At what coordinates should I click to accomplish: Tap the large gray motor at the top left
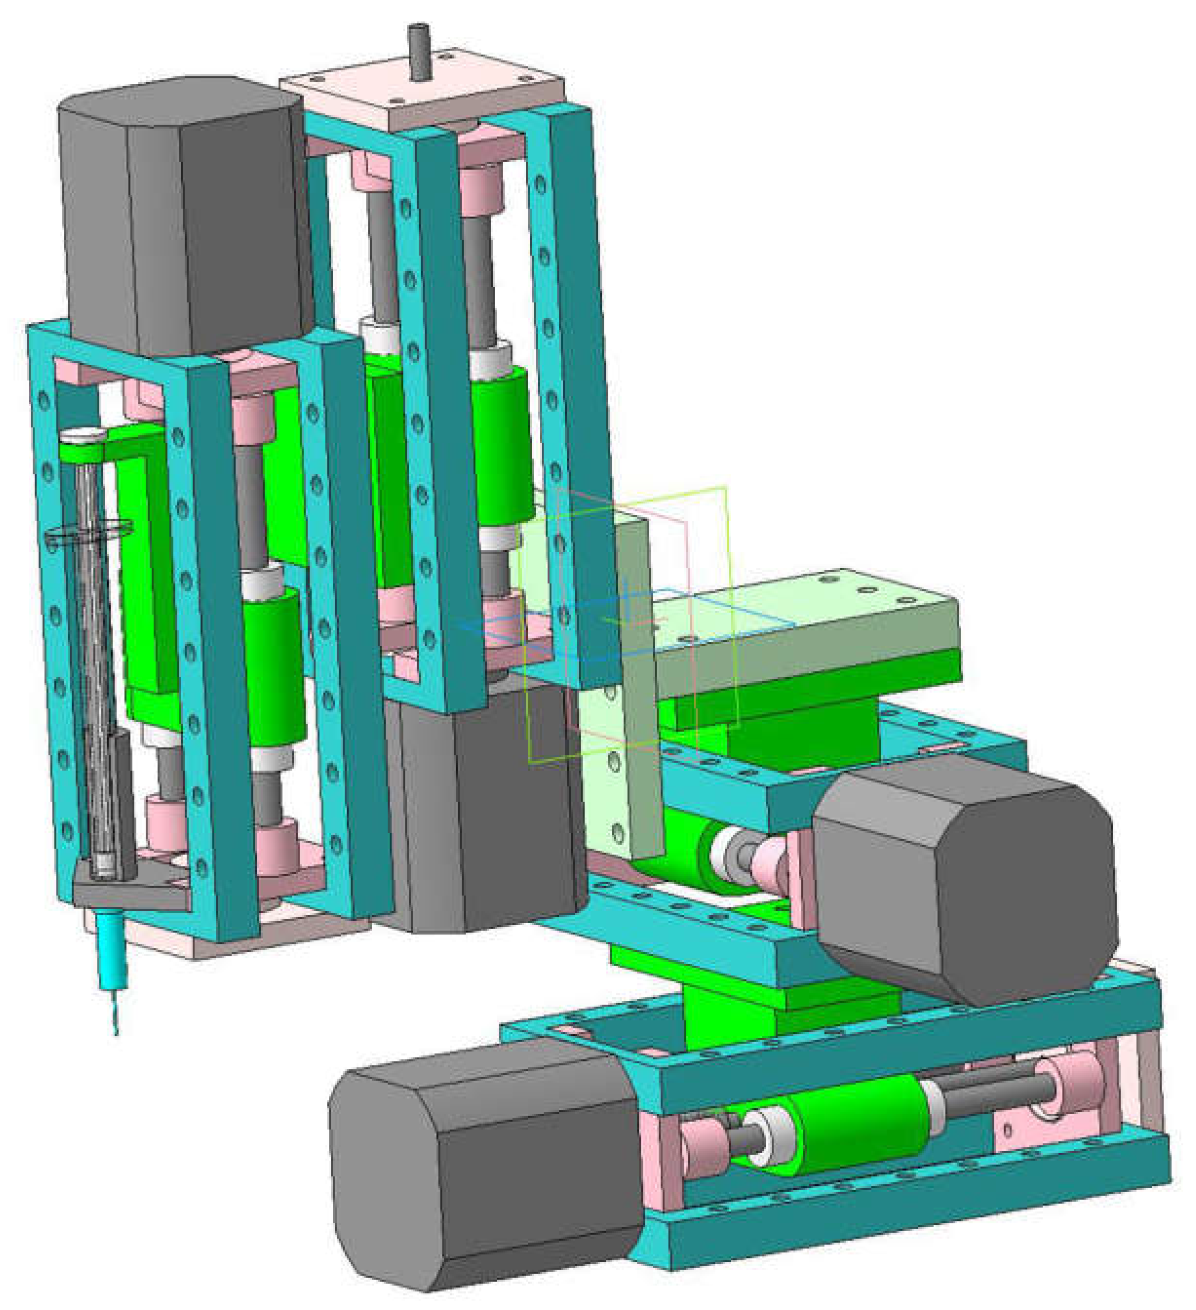(x=189, y=214)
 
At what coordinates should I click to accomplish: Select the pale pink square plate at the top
(x=422, y=97)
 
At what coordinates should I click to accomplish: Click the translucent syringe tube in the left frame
(x=91, y=650)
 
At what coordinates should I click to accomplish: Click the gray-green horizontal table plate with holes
(x=813, y=624)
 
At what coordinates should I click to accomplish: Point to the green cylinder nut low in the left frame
(x=273, y=669)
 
